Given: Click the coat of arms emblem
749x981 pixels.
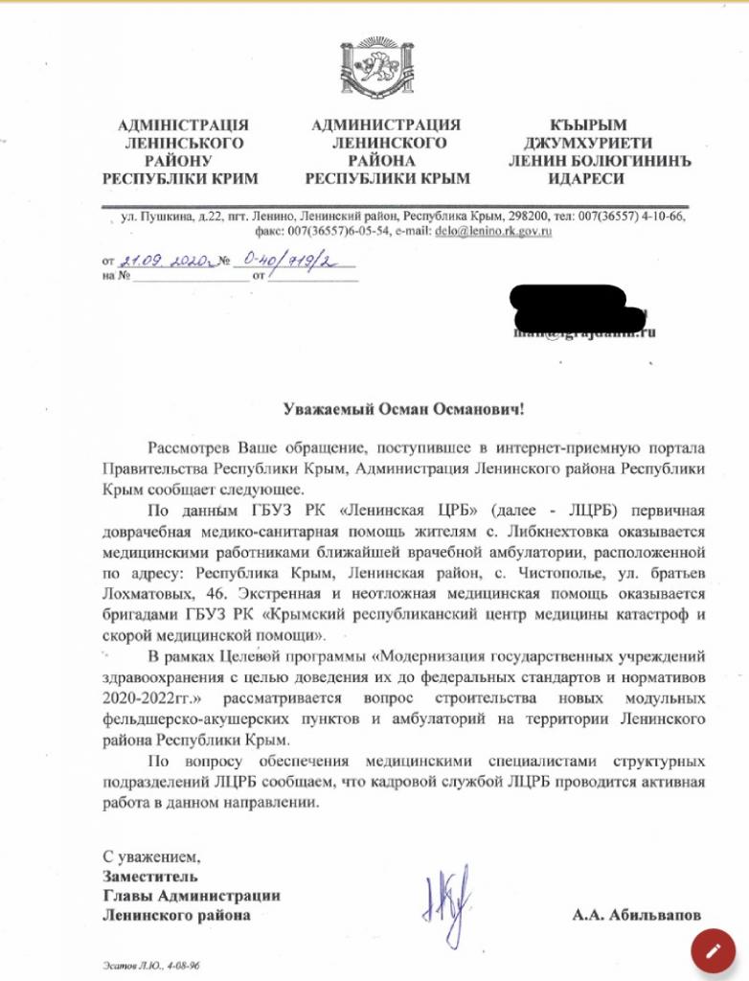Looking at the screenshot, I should tap(374, 66).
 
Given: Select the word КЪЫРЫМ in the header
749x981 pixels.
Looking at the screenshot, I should tap(587, 125).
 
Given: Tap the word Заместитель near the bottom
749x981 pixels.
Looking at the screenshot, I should tap(150, 876).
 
